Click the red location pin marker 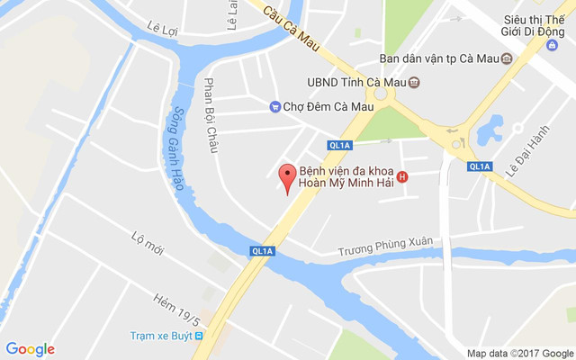click(287, 178)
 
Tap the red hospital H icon click(402, 176)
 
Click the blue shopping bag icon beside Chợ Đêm click(274, 106)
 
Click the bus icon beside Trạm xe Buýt click(200, 336)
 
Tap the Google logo click(30, 349)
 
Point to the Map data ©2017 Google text click(519, 353)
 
